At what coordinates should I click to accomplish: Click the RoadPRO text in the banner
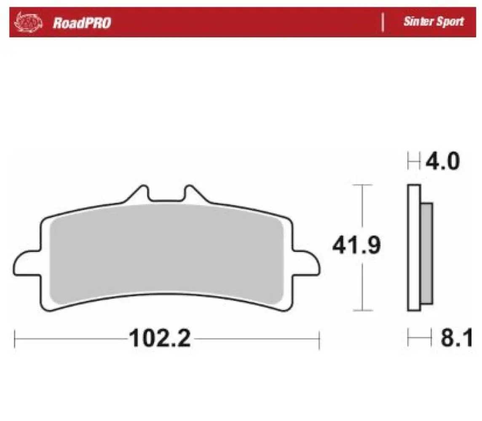click(x=82, y=23)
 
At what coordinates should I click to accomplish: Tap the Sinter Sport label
click(x=433, y=21)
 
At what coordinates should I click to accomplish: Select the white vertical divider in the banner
click(x=383, y=22)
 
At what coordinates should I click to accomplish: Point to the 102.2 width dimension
click(x=160, y=338)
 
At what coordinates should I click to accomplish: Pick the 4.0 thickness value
click(x=442, y=161)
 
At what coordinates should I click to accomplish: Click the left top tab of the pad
click(x=141, y=195)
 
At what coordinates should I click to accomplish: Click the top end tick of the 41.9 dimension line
click(x=362, y=185)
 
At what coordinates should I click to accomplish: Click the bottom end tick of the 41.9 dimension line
click(x=362, y=312)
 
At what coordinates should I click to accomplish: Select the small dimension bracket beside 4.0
click(x=414, y=161)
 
